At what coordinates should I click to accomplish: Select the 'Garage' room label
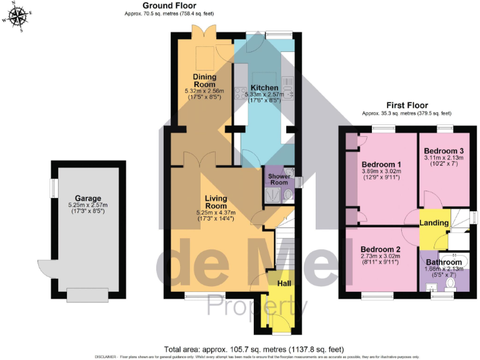87,198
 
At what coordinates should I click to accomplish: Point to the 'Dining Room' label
204,81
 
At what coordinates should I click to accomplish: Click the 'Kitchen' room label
264,87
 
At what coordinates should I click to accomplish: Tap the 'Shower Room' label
278,179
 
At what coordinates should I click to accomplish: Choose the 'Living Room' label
216,202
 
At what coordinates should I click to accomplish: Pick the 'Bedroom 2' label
381,249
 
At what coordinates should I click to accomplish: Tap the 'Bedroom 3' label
443,151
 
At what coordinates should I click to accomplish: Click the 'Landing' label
434,222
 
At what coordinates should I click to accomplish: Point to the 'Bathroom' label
444,262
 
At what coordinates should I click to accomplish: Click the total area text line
254,349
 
